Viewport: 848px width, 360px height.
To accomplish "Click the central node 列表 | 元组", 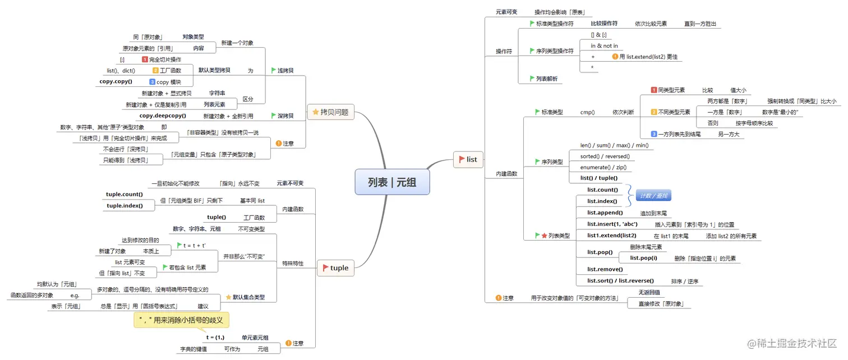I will pos(392,182).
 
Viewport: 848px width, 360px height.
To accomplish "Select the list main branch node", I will pos(468,160).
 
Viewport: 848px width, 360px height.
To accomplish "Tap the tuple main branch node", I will pos(335,268).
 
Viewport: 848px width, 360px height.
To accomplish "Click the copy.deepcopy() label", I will pos(163,116).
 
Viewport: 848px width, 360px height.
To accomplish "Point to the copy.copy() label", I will pos(116,81).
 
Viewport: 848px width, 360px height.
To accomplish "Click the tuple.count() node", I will pos(125,195).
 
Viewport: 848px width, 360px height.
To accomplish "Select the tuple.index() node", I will pos(125,206).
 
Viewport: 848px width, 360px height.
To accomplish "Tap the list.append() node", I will pos(605,213).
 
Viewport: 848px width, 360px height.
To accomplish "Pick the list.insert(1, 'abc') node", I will pos(612,224).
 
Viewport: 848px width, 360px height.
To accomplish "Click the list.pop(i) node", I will pos(643,258).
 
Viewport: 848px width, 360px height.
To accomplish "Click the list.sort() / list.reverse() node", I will pos(620,281).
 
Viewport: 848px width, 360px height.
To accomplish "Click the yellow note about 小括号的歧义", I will pos(181,320).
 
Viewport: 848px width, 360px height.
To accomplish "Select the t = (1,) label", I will pos(215,338).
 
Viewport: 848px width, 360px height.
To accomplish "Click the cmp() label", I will pos(587,112).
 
